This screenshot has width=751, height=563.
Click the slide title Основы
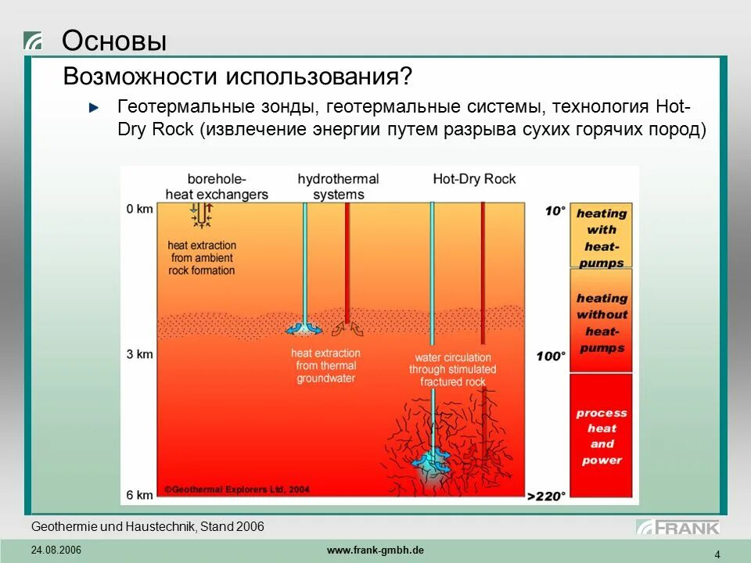click(114, 41)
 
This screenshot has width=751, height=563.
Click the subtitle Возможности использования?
click(237, 77)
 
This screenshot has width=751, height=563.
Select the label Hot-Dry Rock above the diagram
click(474, 179)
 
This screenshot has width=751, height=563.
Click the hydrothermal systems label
click(338, 186)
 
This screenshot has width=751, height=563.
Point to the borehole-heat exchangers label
click(217, 186)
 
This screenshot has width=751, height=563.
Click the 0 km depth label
click(139, 209)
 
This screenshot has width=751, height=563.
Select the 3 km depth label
click(139, 354)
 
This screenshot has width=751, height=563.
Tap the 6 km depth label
click(139, 495)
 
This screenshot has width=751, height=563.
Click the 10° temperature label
click(555, 210)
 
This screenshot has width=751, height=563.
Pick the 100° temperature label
click(551, 357)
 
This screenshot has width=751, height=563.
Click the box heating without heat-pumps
click(601, 322)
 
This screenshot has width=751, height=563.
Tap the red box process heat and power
click(601, 436)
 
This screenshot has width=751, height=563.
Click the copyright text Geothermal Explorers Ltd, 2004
click(237, 489)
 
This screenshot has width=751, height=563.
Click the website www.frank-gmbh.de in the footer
click(375, 550)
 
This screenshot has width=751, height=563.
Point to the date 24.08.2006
click(56, 550)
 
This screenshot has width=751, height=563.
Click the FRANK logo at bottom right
click(677, 527)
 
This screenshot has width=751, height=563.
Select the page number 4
click(717, 554)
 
